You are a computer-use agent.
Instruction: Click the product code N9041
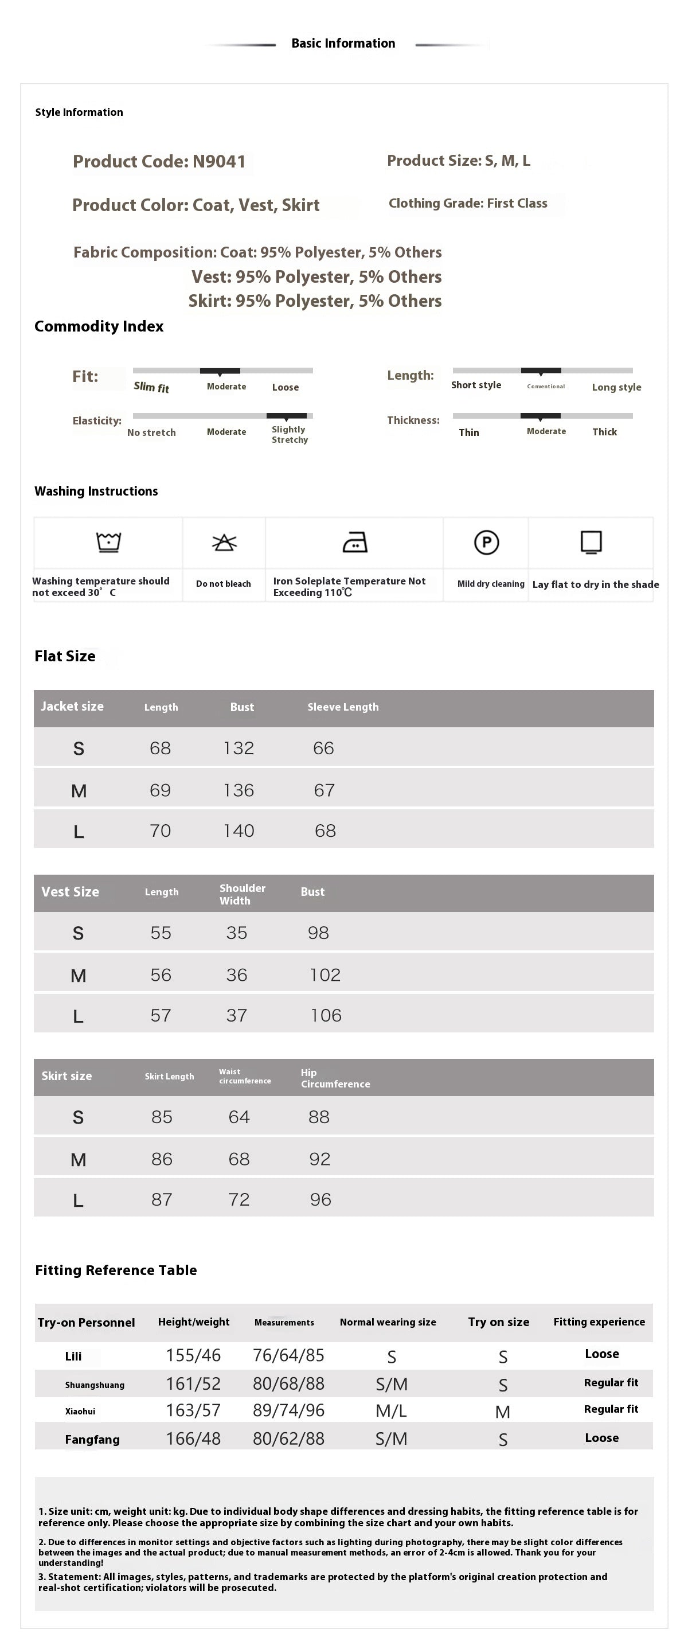point(219,161)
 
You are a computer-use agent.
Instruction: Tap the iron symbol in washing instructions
point(354,542)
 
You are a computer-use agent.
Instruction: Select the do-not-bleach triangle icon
point(224,543)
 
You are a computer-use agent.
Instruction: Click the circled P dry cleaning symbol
point(486,542)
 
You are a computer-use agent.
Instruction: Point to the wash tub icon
point(109,541)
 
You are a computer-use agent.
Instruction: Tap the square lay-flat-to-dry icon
point(591,541)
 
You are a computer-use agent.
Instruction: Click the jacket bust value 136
point(239,790)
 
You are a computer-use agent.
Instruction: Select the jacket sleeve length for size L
point(325,831)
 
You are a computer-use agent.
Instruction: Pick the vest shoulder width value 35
point(236,933)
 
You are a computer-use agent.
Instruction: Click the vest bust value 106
point(326,1015)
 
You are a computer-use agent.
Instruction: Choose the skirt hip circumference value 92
point(319,1159)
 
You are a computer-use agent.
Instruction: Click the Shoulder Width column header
point(242,894)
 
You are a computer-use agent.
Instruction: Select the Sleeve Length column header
point(343,707)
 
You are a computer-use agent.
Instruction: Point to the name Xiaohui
point(80,1411)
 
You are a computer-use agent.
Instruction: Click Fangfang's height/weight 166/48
point(193,1439)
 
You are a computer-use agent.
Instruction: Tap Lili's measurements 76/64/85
point(288,1355)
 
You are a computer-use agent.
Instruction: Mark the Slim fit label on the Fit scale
point(151,387)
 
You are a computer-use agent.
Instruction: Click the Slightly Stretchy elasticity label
point(290,434)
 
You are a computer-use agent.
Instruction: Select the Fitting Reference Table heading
point(116,1270)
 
